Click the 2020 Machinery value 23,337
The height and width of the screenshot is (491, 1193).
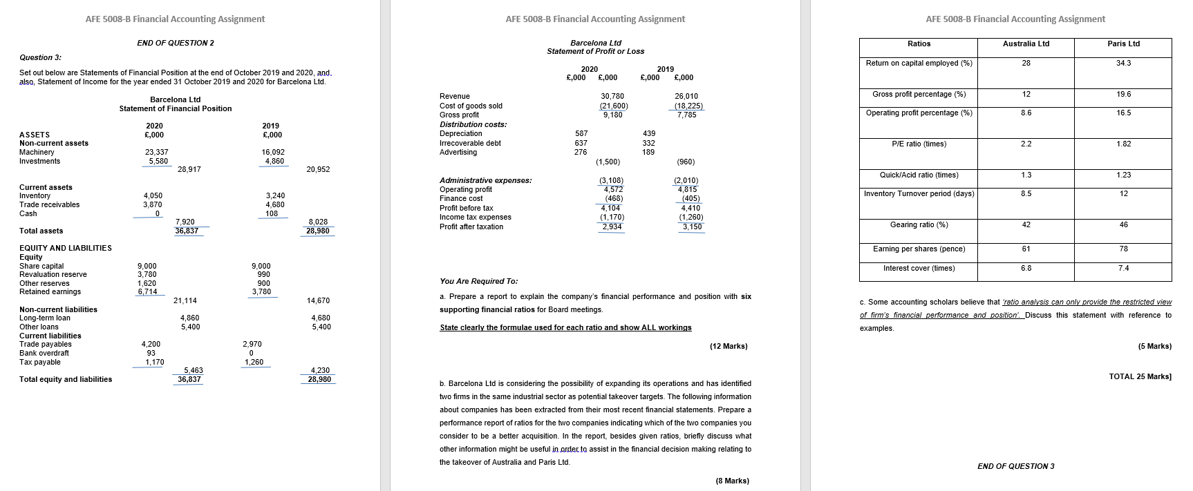pyautogui.click(x=156, y=153)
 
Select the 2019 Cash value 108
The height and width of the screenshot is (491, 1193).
pyautogui.click(x=272, y=214)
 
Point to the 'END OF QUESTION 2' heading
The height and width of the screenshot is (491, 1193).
pyautogui.click(x=176, y=44)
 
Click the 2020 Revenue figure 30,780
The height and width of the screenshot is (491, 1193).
pyautogui.click(x=612, y=97)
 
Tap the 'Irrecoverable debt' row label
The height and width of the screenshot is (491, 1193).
pyautogui.click(x=470, y=143)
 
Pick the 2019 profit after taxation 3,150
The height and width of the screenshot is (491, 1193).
pyautogui.click(x=692, y=227)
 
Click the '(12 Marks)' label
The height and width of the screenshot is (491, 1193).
pyautogui.click(x=729, y=346)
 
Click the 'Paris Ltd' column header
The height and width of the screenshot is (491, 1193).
pyautogui.click(x=1123, y=44)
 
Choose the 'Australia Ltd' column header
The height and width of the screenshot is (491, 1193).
pyautogui.click(x=1026, y=44)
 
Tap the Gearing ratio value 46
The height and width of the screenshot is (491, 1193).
pyautogui.click(x=1123, y=225)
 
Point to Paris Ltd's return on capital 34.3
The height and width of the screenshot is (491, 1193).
pyautogui.click(x=1123, y=64)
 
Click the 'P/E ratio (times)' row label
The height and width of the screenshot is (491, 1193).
pyautogui.click(x=919, y=144)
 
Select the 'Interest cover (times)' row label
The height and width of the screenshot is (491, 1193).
pyautogui.click(x=919, y=269)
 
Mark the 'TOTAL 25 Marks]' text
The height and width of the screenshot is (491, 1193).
pyautogui.click(x=1140, y=377)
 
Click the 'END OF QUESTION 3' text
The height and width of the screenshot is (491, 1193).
pyautogui.click(x=1015, y=467)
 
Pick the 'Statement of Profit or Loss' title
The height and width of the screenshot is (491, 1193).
pyautogui.click(x=595, y=52)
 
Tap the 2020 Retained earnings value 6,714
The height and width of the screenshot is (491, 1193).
pyautogui.click(x=147, y=292)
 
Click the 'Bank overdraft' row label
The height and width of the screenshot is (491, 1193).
pyautogui.click(x=44, y=354)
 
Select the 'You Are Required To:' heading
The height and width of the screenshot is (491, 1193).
pyautogui.click(x=478, y=282)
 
